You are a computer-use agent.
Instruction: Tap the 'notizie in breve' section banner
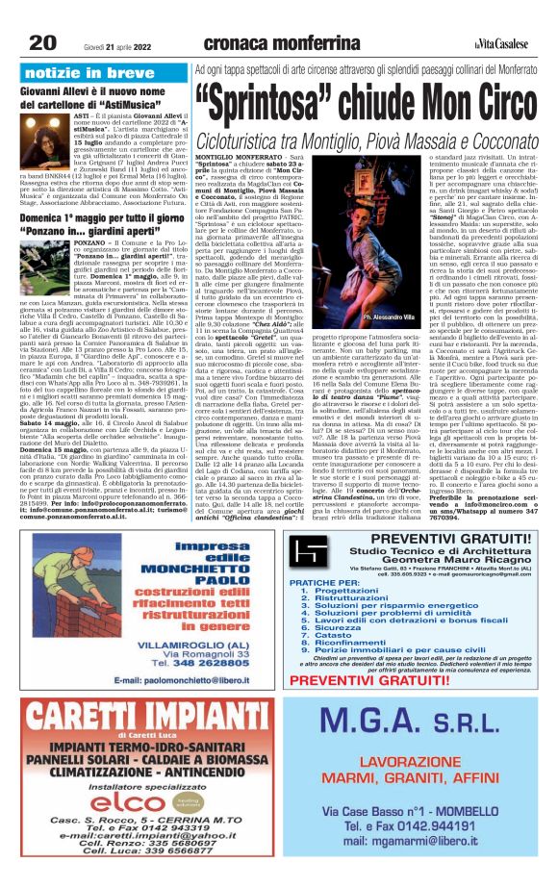pos(84,72)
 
